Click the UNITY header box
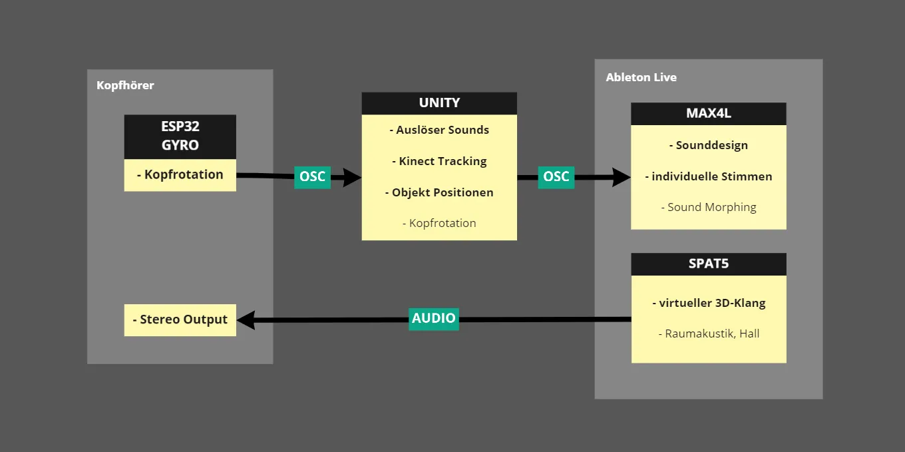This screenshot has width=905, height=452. click(x=439, y=103)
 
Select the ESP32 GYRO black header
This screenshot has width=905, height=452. click(x=180, y=136)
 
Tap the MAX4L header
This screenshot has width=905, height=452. click(x=708, y=113)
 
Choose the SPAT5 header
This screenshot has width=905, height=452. click(x=708, y=264)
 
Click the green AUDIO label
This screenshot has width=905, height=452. click(x=434, y=318)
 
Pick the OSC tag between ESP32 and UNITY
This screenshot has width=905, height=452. click(x=312, y=176)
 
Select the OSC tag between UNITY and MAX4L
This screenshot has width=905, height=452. click(x=556, y=176)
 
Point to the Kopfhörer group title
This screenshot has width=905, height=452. click(x=125, y=85)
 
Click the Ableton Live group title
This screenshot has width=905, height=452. click(x=641, y=77)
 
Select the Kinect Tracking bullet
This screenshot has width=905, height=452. click(x=439, y=161)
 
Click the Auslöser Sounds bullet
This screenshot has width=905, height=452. click(x=439, y=130)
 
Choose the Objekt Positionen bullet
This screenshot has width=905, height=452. click(x=439, y=192)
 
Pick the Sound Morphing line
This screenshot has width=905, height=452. click(x=708, y=207)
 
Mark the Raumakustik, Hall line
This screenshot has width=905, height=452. click(x=708, y=334)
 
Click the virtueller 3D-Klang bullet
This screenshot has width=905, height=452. click(x=708, y=303)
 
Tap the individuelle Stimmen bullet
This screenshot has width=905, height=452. click(x=708, y=176)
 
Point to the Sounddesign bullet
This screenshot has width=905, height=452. click(x=708, y=145)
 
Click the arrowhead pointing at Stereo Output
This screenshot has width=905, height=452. click(x=246, y=320)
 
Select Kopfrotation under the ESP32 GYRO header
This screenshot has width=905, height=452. click(x=180, y=174)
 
